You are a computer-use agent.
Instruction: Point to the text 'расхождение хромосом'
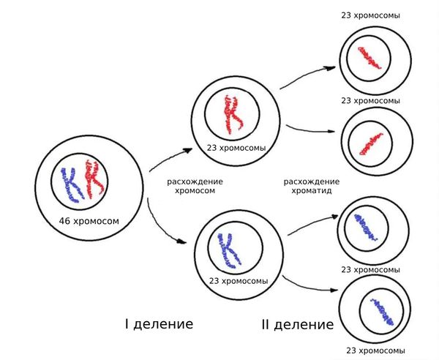point(195,186)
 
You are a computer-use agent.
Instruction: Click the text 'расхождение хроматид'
point(310,186)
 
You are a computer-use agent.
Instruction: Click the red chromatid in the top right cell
point(369,57)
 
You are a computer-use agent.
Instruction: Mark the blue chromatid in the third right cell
point(365,228)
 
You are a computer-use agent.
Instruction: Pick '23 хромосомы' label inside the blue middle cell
point(238,281)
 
